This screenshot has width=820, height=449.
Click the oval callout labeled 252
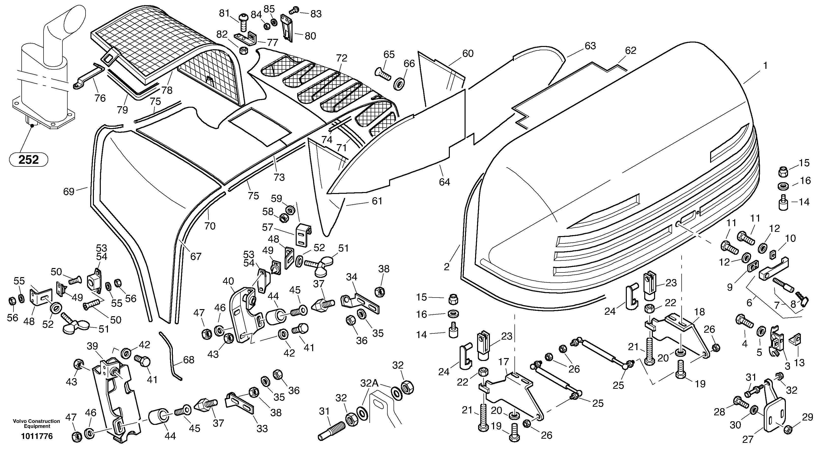29,159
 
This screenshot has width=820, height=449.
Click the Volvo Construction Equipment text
36,423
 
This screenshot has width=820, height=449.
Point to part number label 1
765,66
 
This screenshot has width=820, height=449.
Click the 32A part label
369,383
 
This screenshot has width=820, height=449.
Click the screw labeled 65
384,74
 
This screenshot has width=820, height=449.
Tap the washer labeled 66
399,84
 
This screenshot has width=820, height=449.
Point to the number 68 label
189,360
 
